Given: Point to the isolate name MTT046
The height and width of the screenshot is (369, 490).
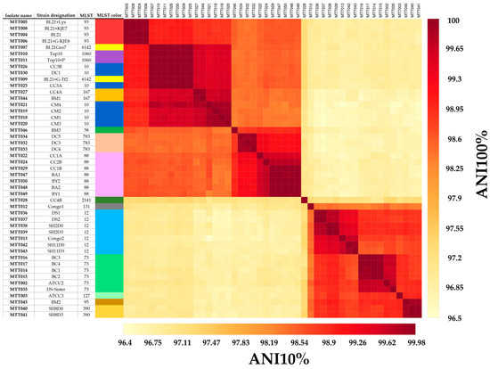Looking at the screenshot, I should [x=18, y=130].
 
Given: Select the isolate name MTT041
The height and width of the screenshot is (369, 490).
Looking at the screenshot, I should [x=18, y=314].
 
